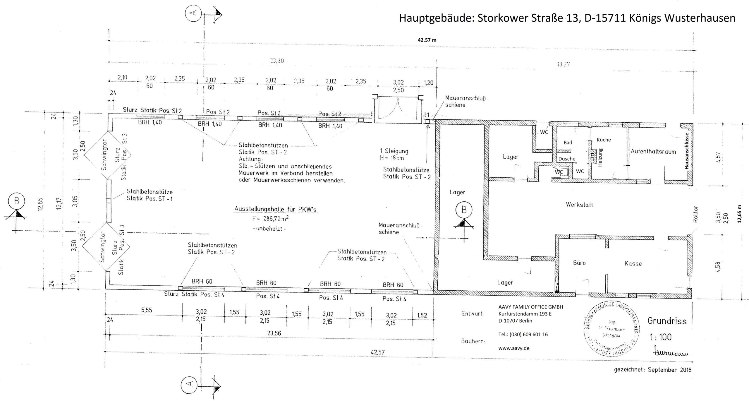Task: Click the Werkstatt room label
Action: (579, 205)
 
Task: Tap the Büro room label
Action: (579, 263)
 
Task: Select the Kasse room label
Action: (633, 263)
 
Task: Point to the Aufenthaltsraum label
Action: (653, 152)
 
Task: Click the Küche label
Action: (604, 140)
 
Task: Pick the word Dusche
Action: (567, 159)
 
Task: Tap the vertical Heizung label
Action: (600, 157)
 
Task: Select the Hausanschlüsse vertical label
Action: (686, 154)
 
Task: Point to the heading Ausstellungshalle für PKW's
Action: (275, 209)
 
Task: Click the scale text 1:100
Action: (661, 337)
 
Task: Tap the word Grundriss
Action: (667, 321)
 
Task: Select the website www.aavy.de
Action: (514, 348)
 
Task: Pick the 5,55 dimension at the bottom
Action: (147, 310)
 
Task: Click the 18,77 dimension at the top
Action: (564, 64)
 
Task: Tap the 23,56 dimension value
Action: (274, 333)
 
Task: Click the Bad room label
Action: (568, 143)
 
